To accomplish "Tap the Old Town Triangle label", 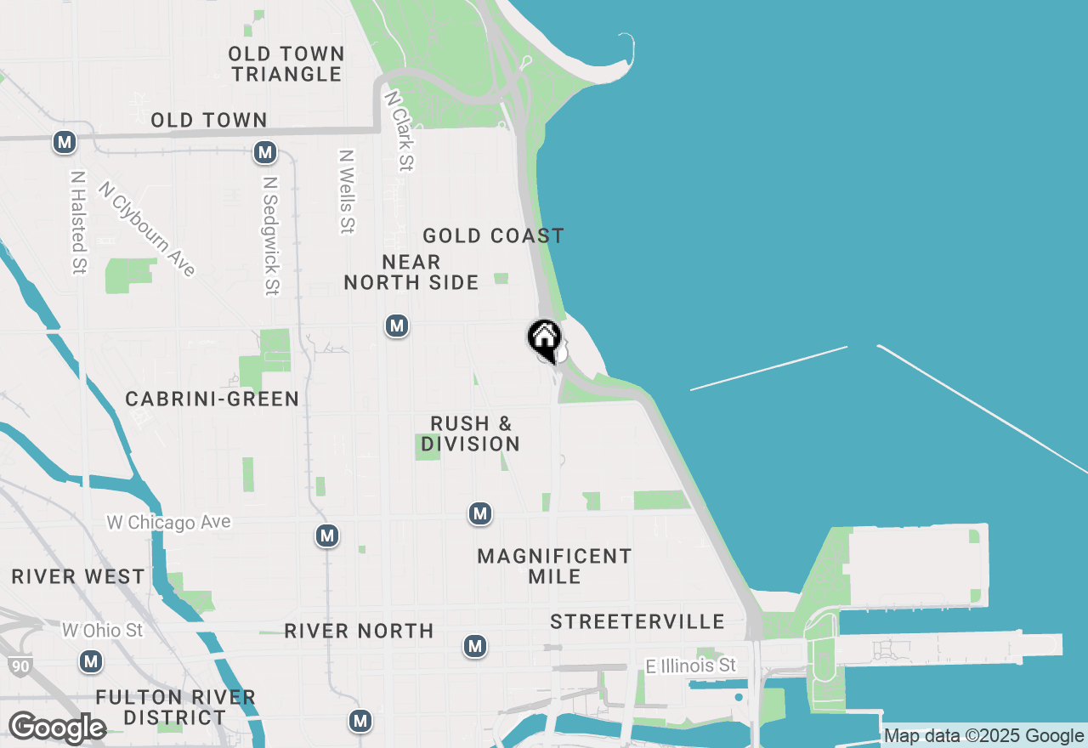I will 286,65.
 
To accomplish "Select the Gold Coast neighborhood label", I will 493,235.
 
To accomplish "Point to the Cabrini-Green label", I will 212,399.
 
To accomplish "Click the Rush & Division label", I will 470,433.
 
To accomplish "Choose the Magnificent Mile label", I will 554,566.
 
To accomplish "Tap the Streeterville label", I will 637,621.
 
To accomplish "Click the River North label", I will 359,631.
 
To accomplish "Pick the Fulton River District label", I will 175,707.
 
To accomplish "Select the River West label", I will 78,576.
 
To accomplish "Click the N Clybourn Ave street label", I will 147,229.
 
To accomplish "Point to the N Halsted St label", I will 79,223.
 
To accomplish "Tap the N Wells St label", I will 346,191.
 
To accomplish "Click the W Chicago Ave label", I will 168,522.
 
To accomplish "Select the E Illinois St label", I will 690,666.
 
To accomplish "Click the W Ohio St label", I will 103,630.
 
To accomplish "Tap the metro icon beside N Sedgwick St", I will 265,153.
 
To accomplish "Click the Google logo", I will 56,728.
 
